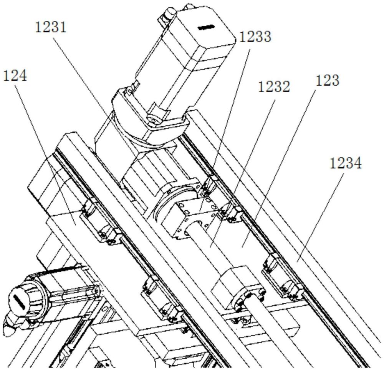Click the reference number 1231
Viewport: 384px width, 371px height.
tap(51, 27)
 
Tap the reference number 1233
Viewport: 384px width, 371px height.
tap(255, 37)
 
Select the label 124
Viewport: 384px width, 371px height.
tap(15, 75)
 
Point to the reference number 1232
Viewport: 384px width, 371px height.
tap(274, 87)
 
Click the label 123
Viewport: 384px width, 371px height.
tap(328, 80)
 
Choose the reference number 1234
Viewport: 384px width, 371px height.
tap(346, 163)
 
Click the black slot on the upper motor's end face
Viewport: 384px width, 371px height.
tap(207, 27)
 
